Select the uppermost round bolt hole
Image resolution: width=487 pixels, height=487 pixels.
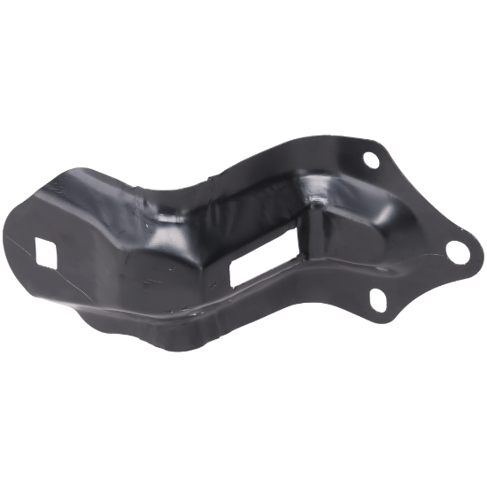369,161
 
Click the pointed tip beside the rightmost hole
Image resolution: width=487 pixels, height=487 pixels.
469,250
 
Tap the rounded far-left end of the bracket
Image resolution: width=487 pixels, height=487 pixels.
28,232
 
